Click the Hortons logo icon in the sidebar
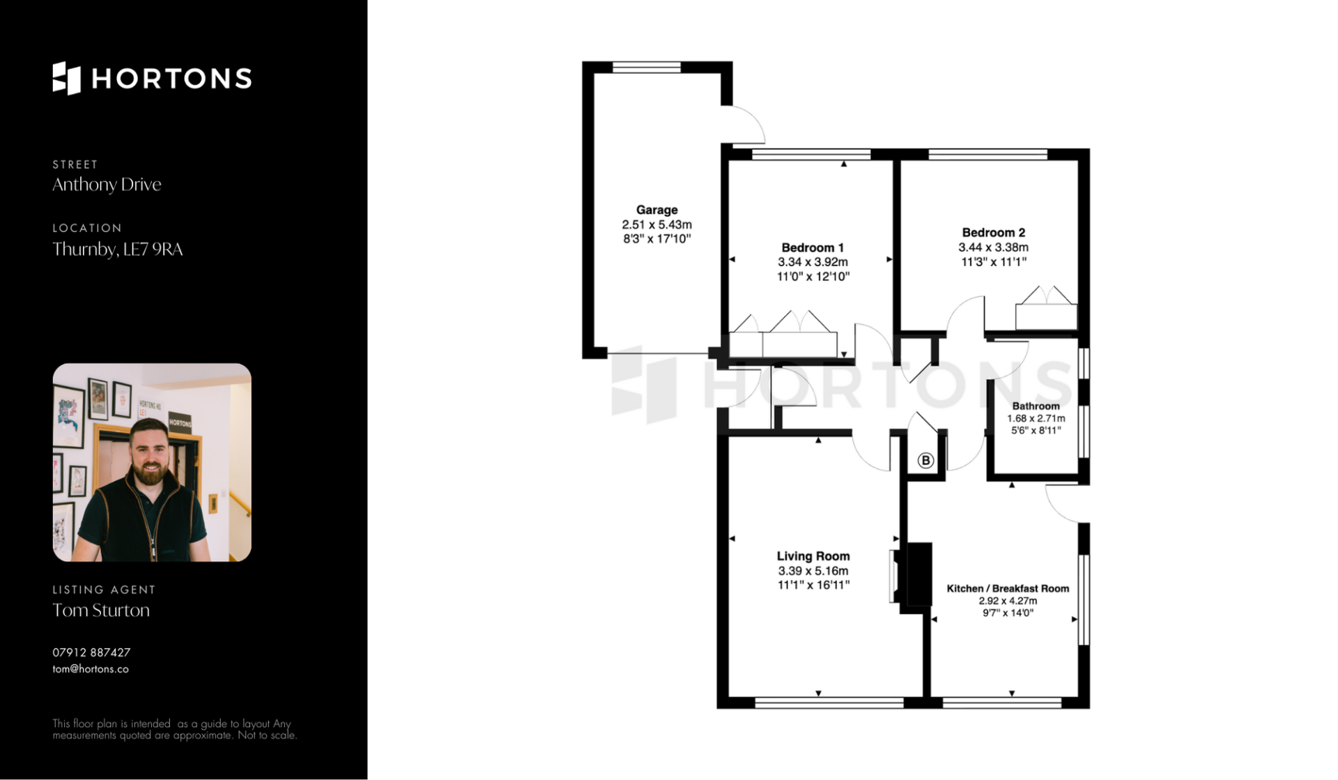coord(67,78)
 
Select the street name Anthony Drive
coord(107,184)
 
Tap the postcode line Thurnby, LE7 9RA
coord(118,249)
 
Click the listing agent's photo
coord(152,462)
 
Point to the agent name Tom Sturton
coord(101,610)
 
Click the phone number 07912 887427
coord(91,652)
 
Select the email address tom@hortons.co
coord(91,669)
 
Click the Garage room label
coord(656,210)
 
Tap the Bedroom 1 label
coord(813,247)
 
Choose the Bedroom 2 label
coord(993,233)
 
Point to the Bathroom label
coord(1036,406)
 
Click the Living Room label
coord(813,556)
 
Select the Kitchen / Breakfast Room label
coord(1008,588)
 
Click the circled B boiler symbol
coord(925,460)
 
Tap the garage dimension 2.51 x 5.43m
coord(656,224)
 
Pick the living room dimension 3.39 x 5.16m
coord(813,571)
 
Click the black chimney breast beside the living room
coord(916,578)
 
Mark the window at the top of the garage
coord(647,67)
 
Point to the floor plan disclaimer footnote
coord(174,729)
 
